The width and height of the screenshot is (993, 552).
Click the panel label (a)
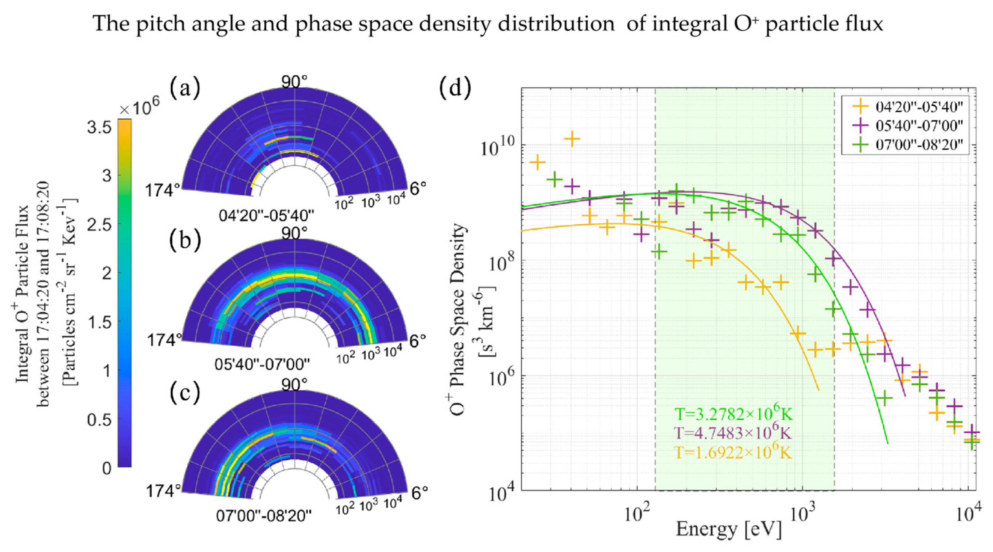click(185, 88)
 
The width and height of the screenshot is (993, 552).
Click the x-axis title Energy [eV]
click(729, 529)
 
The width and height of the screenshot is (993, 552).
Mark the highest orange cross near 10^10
click(572, 138)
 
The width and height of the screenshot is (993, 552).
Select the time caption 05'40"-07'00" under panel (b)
click(262, 364)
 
